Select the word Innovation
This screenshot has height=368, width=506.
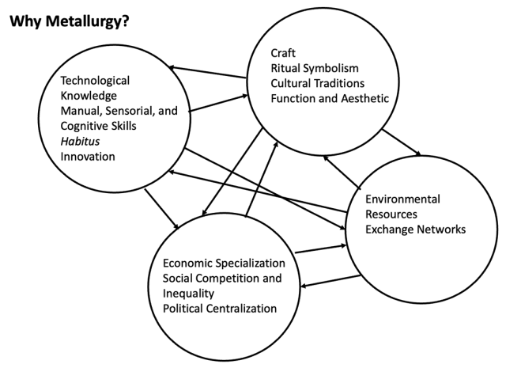pos(88,156)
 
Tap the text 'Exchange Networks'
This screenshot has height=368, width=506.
pos(415,230)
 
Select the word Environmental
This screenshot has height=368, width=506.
pos(402,199)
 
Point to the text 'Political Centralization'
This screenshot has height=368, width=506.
pos(220,308)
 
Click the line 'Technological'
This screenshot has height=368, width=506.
pos(96,81)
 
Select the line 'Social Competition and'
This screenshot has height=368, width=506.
pos(221,278)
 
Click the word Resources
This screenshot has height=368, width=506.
pos(391,214)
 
